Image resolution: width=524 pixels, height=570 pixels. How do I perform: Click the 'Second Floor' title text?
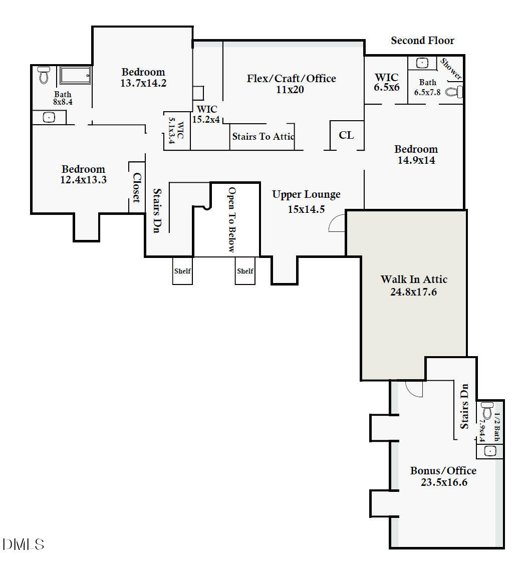click(x=422, y=41)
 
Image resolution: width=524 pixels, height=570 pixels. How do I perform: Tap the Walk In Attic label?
click(x=414, y=279)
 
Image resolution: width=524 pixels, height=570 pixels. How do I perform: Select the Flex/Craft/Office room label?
click(x=291, y=78)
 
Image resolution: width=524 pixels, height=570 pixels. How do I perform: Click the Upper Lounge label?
click(x=306, y=194)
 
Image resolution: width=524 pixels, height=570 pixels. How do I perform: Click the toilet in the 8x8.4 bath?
click(x=43, y=76)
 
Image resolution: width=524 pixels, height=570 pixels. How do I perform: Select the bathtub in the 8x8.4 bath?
click(x=75, y=76)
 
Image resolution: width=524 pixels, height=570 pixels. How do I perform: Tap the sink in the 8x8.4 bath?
click(x=49, y=118)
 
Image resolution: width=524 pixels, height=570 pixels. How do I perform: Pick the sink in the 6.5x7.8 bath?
click(x=422, y=63)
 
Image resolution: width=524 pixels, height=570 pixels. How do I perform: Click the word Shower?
click(x=451, y=69)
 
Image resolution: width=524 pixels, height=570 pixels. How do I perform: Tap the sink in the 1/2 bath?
click(x=490, y=451)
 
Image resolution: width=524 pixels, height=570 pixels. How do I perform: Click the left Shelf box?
click(x=182, y=271)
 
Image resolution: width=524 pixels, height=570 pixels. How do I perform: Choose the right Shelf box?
click(x=245, y=271)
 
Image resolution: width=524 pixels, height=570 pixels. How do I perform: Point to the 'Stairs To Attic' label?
click(x=263, y=136)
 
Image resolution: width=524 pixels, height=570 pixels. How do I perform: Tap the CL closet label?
click(x=346, y=135)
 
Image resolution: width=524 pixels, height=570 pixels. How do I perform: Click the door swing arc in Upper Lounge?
click(x=337, y=223)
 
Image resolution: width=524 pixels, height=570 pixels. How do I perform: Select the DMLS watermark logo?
click(x=23, y=544)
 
